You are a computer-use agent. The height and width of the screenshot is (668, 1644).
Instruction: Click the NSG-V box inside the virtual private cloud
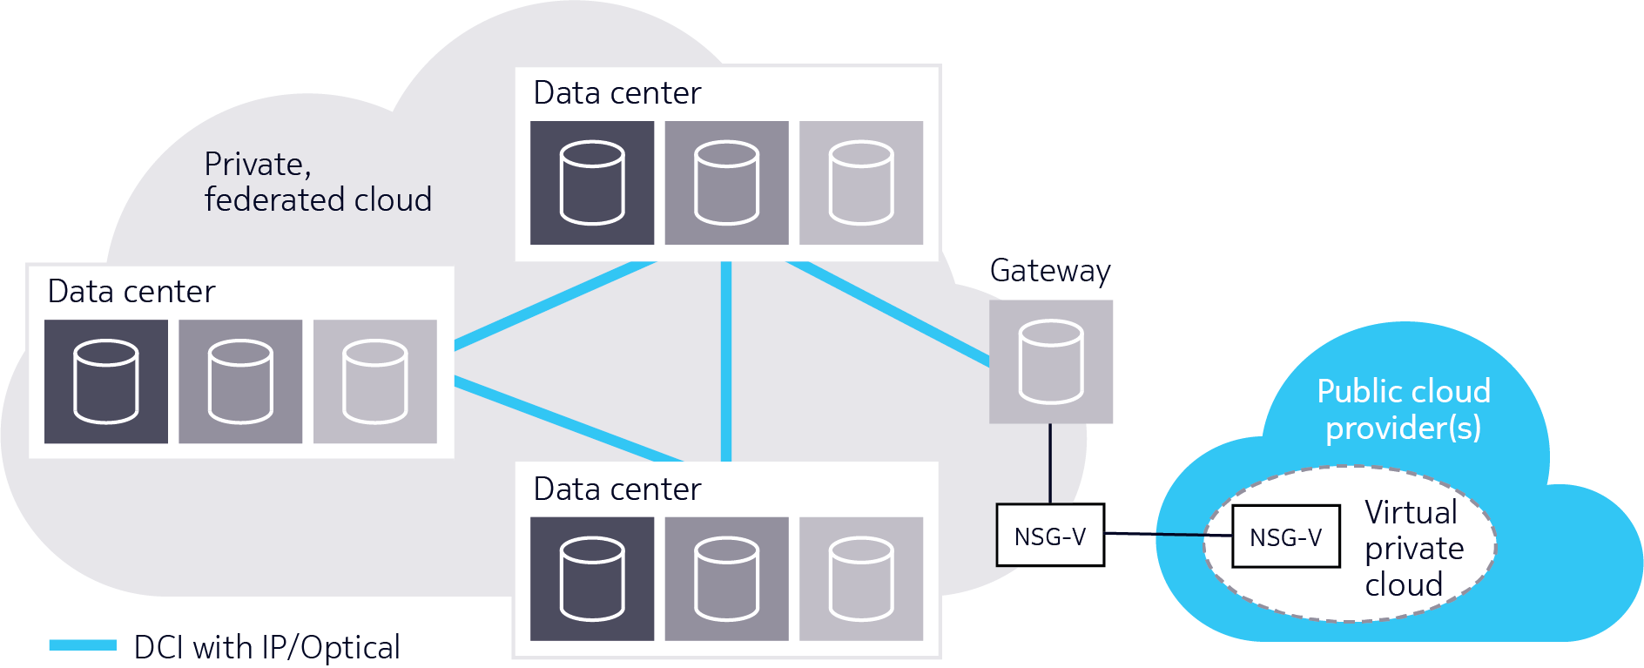tap(1285, 536)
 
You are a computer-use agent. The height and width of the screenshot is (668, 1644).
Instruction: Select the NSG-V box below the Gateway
tap(1050, 536)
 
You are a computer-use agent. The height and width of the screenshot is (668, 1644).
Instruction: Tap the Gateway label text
tap(1049, 271)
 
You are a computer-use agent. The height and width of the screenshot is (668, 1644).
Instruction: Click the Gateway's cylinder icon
tap(1051, 362)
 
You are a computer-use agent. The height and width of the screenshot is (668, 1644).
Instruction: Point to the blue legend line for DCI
tap(83, 645)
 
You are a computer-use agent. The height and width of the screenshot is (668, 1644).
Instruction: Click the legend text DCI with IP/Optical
tap(266, 647)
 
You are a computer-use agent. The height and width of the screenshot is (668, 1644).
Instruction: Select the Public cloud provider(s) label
tap(1403, 409)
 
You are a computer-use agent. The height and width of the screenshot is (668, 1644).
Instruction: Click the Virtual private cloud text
tap(1412, 548)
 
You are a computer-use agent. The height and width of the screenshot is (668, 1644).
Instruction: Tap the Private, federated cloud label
tap(317, 182)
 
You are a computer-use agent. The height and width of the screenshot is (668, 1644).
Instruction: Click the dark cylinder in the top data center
tap(592, 183)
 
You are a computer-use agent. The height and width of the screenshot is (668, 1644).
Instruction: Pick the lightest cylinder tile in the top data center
tap(861, 183)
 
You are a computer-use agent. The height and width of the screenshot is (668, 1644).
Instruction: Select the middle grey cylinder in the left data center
tap(240, 381)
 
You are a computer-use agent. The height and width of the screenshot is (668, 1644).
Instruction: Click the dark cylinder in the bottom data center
tap(592, 579)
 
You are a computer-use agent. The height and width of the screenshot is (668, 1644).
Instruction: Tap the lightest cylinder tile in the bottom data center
tap(861, 579)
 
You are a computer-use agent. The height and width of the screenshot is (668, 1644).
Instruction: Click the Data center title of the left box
tap(131, 292)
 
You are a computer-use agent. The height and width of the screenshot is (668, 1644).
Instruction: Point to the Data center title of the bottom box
tap(616, 489)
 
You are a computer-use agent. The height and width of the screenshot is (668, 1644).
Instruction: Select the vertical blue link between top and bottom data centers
tap(726, 361)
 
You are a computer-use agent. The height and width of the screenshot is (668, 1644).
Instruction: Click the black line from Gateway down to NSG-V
tap(1050, 463)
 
